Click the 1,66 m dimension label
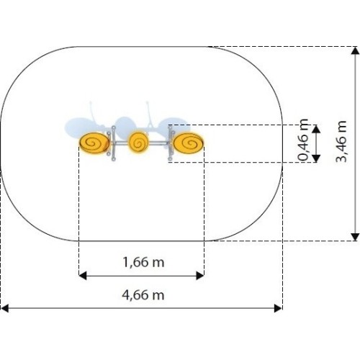(x=143, y=262)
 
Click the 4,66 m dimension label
(x=143, y=294)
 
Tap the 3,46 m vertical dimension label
(x=341, y=141)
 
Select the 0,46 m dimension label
(x=303, y=140)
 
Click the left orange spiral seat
(x=94, y=143)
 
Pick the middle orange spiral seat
(x=138, y=143)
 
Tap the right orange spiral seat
(x=189, y=143)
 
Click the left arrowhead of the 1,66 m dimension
(x=82, y=276)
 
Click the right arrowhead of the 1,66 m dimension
(x=200, y=276)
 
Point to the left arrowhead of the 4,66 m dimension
(x=4, y=308)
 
